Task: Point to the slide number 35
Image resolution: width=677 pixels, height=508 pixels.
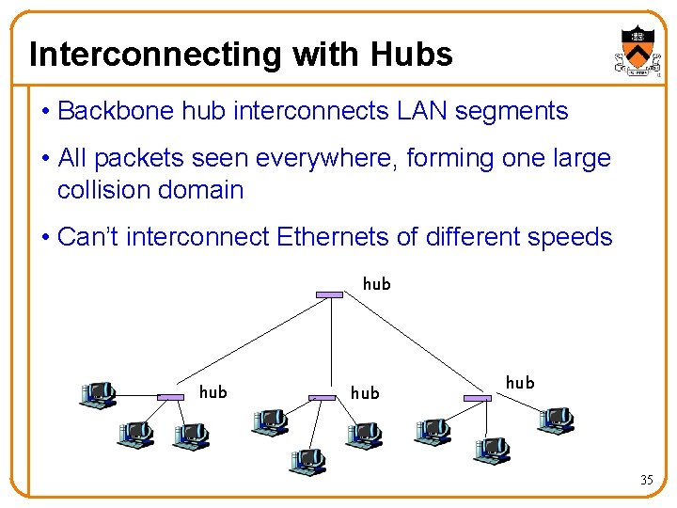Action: [646, 480]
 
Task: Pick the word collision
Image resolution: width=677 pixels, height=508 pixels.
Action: [105, 190]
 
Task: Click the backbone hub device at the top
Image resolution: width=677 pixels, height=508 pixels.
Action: [329, 294]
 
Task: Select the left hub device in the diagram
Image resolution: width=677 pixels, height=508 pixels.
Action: [170, 398]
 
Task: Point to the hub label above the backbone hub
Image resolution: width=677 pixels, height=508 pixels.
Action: [376, 283]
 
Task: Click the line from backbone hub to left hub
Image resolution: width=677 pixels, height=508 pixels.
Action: [249, 346]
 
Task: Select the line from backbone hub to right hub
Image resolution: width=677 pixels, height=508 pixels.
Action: [404, 346]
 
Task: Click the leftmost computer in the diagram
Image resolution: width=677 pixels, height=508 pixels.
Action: [97, 394]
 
